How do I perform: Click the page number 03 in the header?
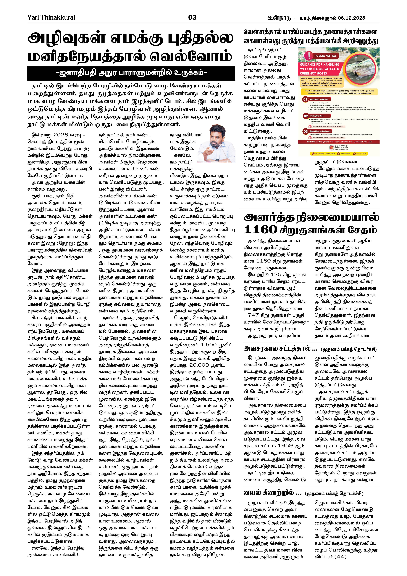click(192, 17)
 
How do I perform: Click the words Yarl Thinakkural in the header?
click(51, 17)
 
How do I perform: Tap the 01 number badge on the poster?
click(305, 99)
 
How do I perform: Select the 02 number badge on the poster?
click(306, 116)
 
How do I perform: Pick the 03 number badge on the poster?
click(305, 131)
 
